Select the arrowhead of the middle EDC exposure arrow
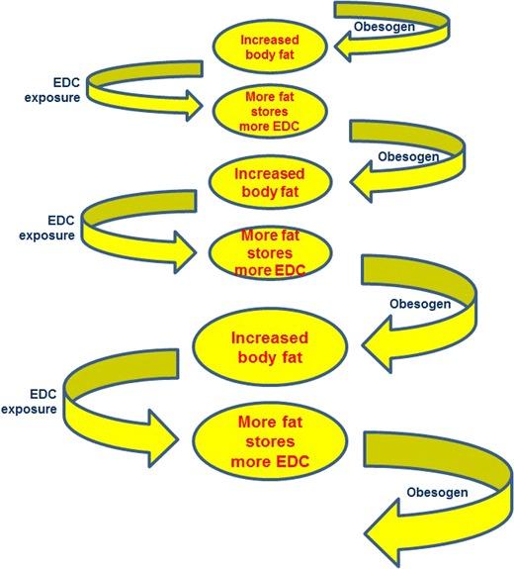[198, 250]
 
